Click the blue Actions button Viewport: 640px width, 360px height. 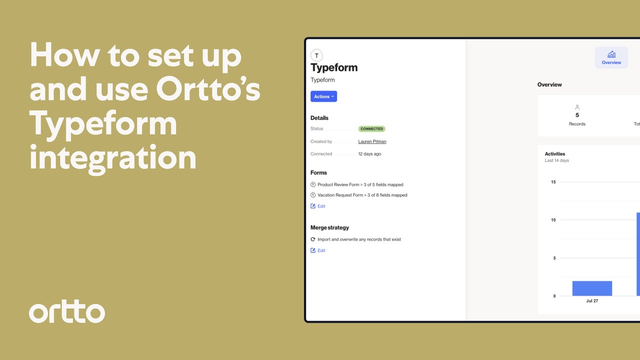click(323, 96)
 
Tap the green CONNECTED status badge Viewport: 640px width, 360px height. click(371, 129)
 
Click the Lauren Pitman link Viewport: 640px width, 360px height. click(372, 141)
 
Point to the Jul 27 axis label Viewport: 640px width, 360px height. click(592, 301)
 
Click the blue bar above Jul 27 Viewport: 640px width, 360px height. click(592, 288)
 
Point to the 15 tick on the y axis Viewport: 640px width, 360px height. click(553, 182)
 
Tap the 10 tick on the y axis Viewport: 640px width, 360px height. click(553, 220)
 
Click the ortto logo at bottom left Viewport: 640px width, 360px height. click(67, 312)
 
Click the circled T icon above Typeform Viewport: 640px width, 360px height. click(316, 55)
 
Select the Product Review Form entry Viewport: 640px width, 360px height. click(360, 184)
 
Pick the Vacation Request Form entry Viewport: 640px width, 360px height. click(362, 195)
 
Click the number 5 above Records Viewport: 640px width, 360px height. click(577, 115)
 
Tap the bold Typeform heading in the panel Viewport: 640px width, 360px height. click(334, 67)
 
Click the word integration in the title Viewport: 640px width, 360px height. click(113, 157)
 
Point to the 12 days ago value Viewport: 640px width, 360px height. click(369, 154)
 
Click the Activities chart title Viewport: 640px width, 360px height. click(554, 154)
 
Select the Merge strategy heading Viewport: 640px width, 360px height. click(329, 227)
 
